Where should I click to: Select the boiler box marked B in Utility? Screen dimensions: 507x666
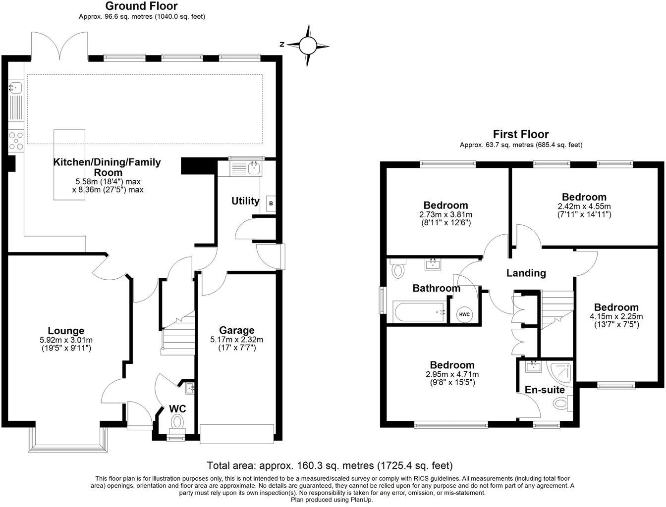(x=271, y=203)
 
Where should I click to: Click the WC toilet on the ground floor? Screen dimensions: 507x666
(x=177, y=422)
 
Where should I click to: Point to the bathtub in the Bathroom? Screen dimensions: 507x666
(x=419, y=312)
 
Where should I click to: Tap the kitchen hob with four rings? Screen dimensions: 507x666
(x=16, y=140)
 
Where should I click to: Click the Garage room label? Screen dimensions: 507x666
(x=236, y=330)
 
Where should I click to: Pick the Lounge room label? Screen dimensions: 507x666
(x=66, y=331)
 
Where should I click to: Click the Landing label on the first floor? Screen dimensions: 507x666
(x=526, y=273)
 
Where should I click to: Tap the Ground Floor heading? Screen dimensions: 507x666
(x=141, y=6)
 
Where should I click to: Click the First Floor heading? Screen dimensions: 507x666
(x=520, y=134)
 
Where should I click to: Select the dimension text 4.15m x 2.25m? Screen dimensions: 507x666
(x=616, y=316)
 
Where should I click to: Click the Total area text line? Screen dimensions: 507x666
(x=330, y=465)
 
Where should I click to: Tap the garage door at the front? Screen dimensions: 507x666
(x=237, y=433)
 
